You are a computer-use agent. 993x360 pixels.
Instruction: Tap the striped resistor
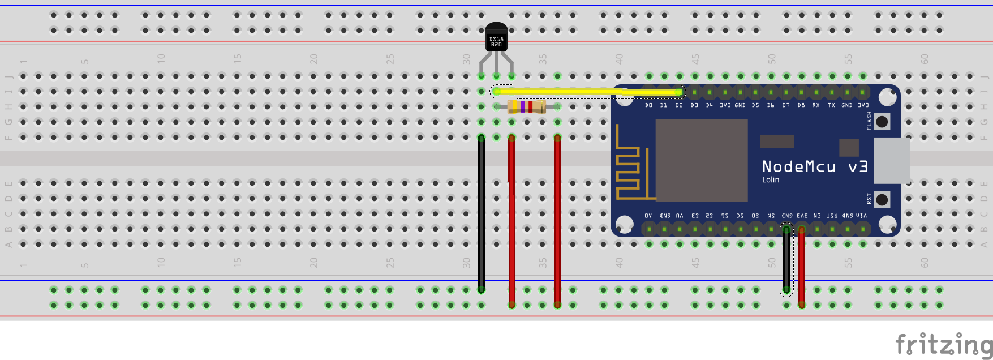(x=526, y=106)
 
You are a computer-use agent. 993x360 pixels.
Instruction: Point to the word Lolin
(x=770, y=180)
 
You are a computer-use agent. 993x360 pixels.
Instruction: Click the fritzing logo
(x=943, y=343)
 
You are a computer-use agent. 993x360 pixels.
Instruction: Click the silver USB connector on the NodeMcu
(x=891, y=160)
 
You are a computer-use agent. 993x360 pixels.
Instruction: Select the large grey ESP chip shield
(x=701, y=160)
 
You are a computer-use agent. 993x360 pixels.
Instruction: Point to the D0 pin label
(x=648, y=105)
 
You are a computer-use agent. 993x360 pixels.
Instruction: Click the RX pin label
(x=816, y=105)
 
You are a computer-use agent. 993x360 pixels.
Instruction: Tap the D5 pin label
(x=755, y=105)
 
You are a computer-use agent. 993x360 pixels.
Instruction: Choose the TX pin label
(x=831, y=105)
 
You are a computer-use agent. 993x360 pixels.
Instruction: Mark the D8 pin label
(x=801, y=105)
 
